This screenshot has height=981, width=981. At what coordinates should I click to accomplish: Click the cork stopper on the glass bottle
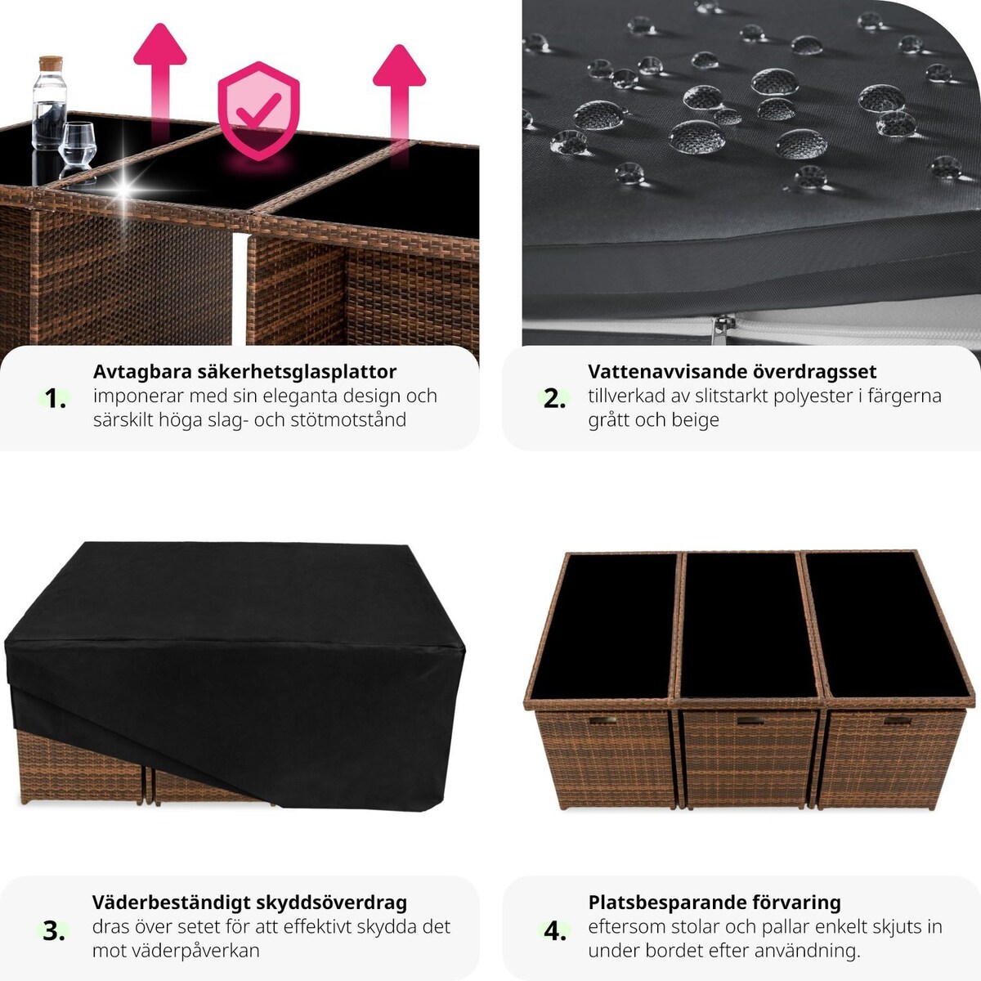(51, 63)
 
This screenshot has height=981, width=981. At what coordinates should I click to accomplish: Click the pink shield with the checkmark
(258, 110)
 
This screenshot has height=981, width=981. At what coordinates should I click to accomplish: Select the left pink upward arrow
(160, 82)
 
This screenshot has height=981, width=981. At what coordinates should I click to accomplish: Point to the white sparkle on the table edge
(124, 190)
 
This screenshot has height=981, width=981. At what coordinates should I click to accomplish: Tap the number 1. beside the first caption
(55, 398)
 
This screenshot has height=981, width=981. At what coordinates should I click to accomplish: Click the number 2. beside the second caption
(554, 399)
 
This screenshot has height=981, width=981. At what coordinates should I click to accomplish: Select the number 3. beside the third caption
(54, 931)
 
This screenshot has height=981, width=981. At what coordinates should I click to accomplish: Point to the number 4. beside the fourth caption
(555, 932)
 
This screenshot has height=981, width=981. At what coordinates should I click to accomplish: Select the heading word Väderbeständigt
(171, 903)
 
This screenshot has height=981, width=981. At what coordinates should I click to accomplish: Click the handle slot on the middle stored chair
(750, 721)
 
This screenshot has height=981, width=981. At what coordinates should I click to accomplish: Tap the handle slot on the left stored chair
(603, 720)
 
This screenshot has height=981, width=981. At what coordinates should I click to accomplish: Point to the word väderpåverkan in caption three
(176, 951)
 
